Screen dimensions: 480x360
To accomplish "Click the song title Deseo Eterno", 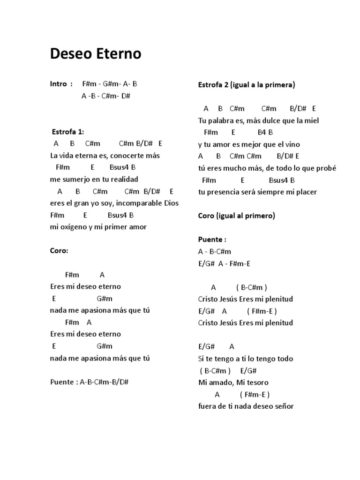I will pos(96,54).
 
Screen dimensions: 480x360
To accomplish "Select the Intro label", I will pos(59,84).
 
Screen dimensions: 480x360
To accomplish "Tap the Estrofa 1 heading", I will pos(67,132).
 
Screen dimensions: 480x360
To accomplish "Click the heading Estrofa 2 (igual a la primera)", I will pos(247,85).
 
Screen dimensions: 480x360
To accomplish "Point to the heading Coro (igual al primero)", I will pos(236,216).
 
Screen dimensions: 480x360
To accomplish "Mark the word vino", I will pos(292,144).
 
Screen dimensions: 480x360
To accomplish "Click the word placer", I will pos(306,192).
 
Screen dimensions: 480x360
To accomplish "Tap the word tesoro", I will pos(257,382).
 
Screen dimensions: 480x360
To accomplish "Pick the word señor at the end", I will pos(283,406).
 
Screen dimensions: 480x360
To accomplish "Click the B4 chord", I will pos(262,133).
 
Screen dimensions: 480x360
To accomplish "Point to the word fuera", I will pos(208,406).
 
